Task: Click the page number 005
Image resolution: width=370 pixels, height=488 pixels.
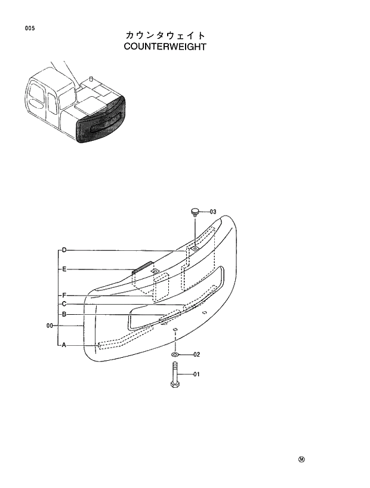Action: (29, 28)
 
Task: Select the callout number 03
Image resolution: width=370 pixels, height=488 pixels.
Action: (212, 211)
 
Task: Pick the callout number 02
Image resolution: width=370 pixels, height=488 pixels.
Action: (196, 354)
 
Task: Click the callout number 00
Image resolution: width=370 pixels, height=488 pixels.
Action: (50, 326)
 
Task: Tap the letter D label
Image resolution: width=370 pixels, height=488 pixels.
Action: (63, 249)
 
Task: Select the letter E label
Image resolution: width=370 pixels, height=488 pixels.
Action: (63, 269)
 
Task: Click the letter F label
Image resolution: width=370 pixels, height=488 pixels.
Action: (63, 295)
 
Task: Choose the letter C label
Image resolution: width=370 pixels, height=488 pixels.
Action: (63, 304)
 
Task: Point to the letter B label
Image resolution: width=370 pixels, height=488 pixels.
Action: (63, 315)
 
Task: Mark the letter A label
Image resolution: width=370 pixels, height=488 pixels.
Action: (63, 345)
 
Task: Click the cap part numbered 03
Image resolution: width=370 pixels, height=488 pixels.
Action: (195, 211)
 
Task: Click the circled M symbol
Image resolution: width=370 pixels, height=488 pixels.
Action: (301, 460)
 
